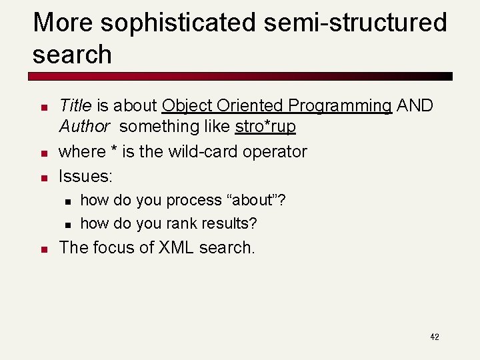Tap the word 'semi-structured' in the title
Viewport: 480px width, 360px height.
(355, 23)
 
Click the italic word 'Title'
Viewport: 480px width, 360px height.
(75, 105)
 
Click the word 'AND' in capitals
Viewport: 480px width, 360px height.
(415, 105)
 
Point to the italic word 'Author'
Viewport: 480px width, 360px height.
(84, 126)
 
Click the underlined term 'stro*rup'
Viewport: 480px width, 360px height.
(265, 126)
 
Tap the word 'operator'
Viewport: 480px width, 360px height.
(275, 153)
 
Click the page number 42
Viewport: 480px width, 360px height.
(435, 337)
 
